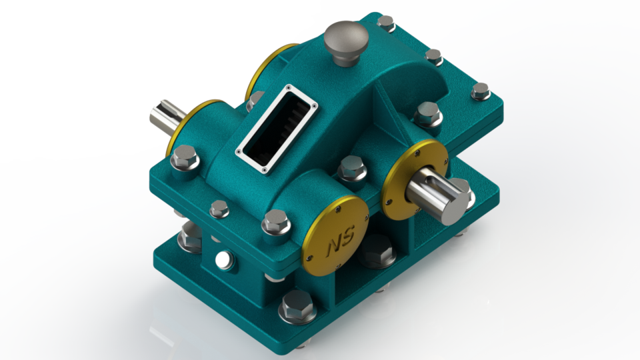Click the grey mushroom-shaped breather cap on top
(x=346, y=39)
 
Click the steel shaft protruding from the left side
(x=165, y=119)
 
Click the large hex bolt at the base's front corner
(x=295, y=307)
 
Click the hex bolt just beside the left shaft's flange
(x=184, y=160)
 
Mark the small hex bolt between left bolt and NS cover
(x=219, y=209)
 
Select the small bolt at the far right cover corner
(x=480, y=91)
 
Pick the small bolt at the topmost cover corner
(x=386, y=23)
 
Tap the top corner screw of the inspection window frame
(x=287, y=87)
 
